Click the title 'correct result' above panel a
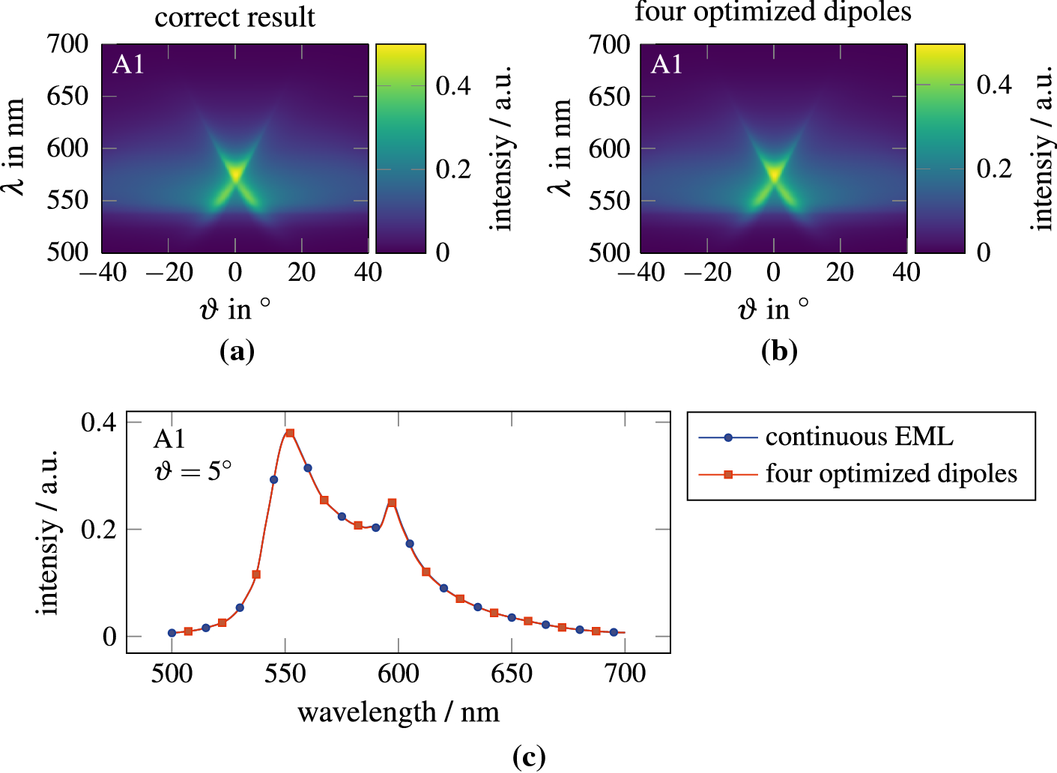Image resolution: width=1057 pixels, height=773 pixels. tap(234, 17)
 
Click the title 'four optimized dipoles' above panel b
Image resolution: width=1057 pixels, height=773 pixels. tap(773, 13)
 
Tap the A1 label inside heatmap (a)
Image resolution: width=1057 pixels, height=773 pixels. tap(128, 65)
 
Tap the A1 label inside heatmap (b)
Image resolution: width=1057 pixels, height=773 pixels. tap(667, 65)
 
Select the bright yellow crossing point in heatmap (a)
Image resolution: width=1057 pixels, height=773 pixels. tap(235, 175)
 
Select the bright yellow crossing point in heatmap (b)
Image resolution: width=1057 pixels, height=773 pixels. tap(774, 175)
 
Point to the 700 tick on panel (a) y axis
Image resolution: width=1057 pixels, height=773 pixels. tap(67, 44)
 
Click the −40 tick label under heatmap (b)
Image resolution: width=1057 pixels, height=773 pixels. tap(640, 272)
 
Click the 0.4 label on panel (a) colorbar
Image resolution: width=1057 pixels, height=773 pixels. tap(453, 86)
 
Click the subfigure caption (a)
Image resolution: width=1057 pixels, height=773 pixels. tap(237, 351)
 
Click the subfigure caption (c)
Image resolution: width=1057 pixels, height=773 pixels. tap(528, 757)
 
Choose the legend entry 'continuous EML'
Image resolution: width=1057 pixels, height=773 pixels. tap(859, 437)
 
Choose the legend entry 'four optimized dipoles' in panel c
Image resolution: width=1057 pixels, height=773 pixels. tap(891, 474)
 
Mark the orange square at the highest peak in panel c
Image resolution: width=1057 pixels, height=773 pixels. tap(290, 433)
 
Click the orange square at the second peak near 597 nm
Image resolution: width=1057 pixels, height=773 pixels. tap(392, 503)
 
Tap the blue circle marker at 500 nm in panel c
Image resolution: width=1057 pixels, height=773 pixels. tap(172, 633)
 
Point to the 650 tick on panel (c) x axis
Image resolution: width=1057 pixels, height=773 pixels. tap(512, 673)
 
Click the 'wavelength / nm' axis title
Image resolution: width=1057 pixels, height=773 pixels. tap(399, 712)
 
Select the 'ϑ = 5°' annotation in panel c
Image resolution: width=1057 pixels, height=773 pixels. tap(193, 471)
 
